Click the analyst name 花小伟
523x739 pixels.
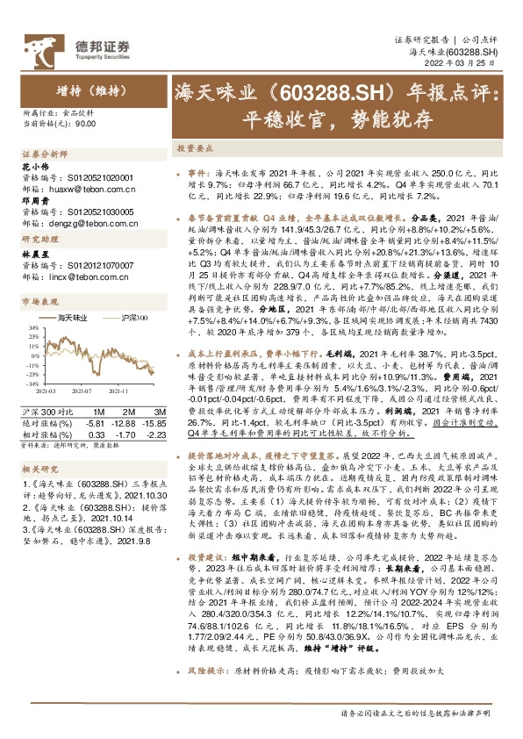(32, 165)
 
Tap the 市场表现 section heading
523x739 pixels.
(37, 302)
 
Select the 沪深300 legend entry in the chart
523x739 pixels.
(134, 317)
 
